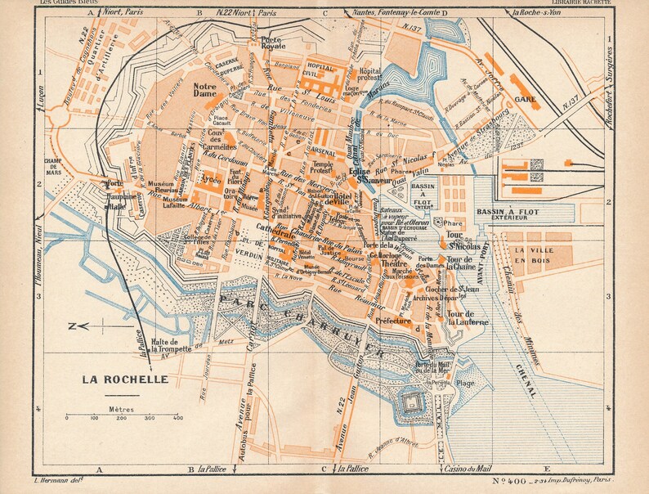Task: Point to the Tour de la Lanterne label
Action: coord(461,318)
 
